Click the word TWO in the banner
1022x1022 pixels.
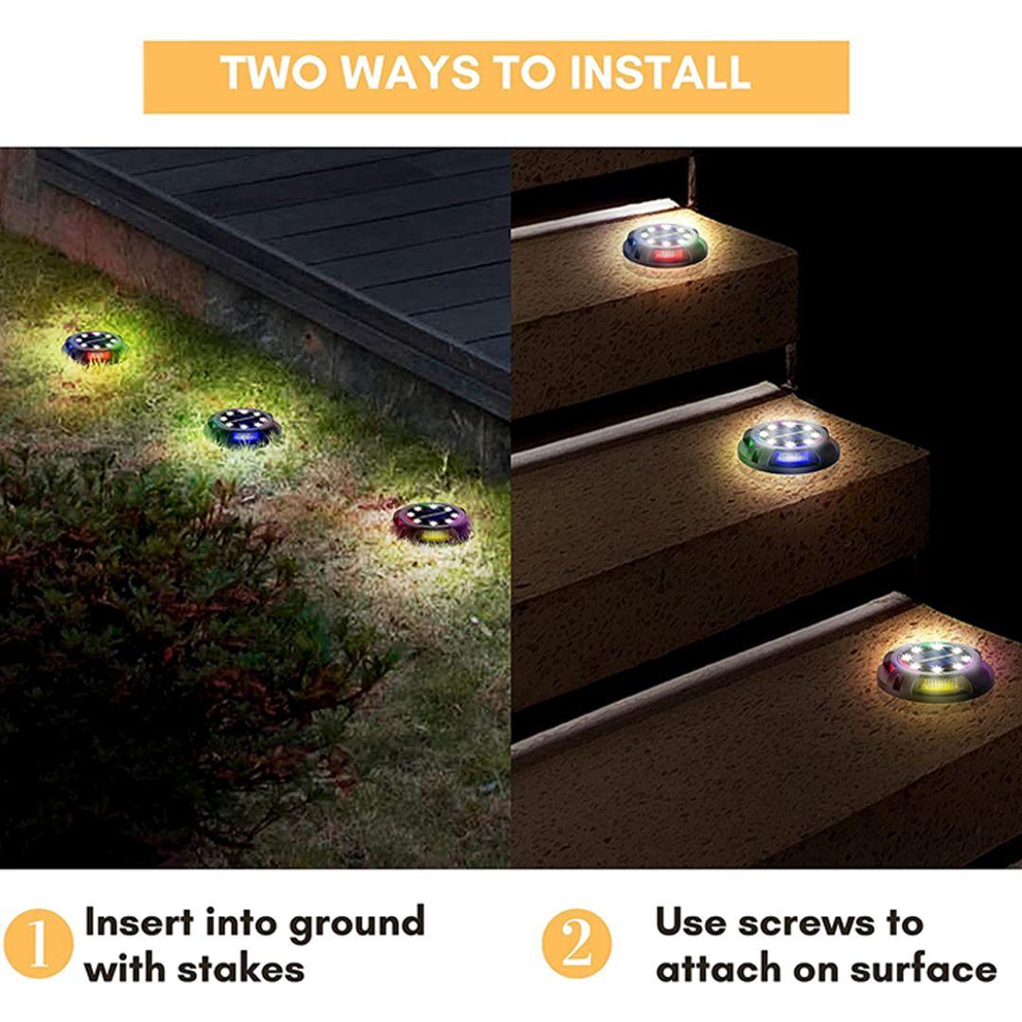pyautogui.click(x=273, y=72)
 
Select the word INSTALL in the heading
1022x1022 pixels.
pyautogui.click(x=661, y=72)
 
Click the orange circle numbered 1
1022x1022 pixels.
pyautogui.click(x=39, y=943)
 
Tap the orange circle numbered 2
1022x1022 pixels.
pyautogui.click(x=577, y=943)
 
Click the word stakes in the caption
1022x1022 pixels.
pyautogui.click(x=240, y=969)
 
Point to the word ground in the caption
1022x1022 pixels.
pyautogui.click(x=357, y=925)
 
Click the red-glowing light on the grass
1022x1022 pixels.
pyautogui.click(x=95, y=345)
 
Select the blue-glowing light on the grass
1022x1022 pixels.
pyautogui.click(x=243, y=427)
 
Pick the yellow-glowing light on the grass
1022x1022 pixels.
pyautogui.click(x=432, y=522)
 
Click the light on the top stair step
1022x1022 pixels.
pyautogui.click(x=665, y=244)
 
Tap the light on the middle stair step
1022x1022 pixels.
pyautogui.click(x=788, y=445)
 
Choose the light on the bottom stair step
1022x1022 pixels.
pyautogui.click(x=936, y=670)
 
